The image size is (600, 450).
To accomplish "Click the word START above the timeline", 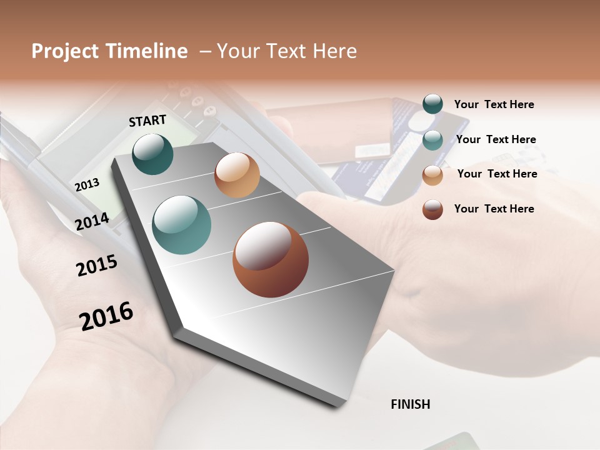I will pyautogui.click(x=147, y=121).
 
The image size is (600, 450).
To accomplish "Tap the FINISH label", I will pyautogui.click(x=410, y=404).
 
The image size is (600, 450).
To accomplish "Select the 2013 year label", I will pyautogui.click(x=87, y=184).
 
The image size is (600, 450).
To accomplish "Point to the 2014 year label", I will pyautogui.click(x=92, y=221).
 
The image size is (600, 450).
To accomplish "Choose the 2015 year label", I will pyautogui.click(x=97, y=266).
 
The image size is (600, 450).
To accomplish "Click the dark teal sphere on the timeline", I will pyautogui.click(x=152, y=154).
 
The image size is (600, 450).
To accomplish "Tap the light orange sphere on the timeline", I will pyautogui.click(x=237, y=175).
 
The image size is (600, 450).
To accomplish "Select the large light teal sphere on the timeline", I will pyautogui.click(x=181, y=225).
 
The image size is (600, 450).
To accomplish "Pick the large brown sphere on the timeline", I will pyautogui.click(x=271, y=259).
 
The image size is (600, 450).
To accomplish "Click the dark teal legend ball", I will pyautogui.click(x=432, y=104).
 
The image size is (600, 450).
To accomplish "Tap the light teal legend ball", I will pyautogui.click(x=432, y=139).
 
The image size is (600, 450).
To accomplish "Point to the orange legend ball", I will pyautogui.click(x=432, y=174).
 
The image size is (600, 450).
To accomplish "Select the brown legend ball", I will pyautogui.click(x=432, y=209).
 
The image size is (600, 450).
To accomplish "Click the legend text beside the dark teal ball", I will pyautogui.click(x=494, y=105).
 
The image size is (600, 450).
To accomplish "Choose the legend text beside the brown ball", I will pyautogui.click(x=494, y=209).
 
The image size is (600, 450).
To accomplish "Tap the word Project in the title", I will pyautogui.click(x=64, y=51).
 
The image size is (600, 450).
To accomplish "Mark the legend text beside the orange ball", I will pyautogui.click(x=497, y=174).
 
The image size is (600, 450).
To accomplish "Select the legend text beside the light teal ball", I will pyautogui.click(x=496, y=139).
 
